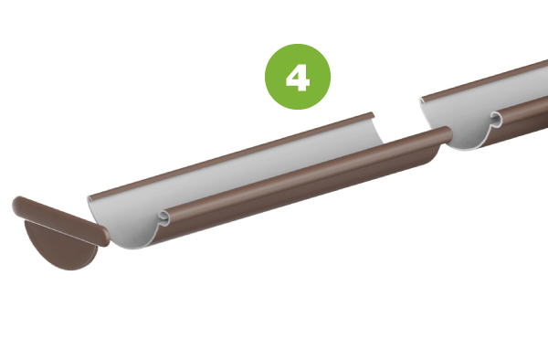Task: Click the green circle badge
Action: (x=298, y=77)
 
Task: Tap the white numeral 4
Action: (x=298, y=78)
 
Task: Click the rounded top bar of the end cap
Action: (x=60, y=220)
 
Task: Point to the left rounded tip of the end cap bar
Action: (x=16, y=206)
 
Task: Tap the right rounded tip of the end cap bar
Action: (x=105, y=237)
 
